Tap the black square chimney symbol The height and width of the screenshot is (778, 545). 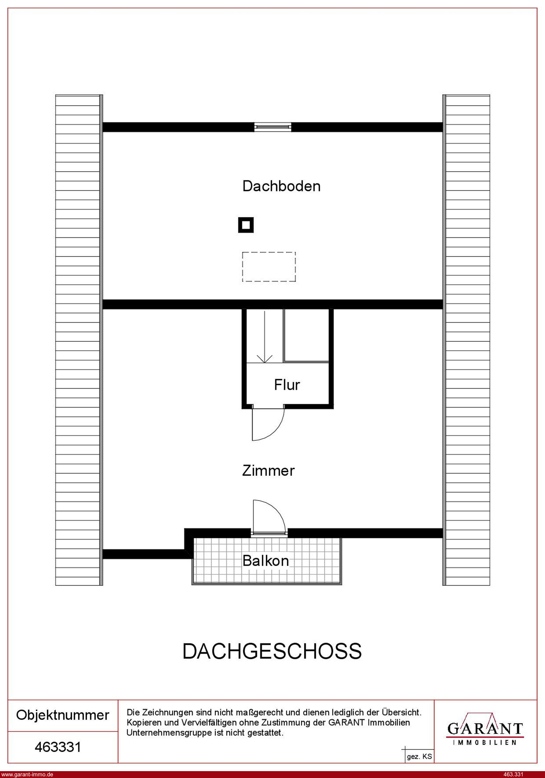point(246,225)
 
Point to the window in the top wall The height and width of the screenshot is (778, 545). point(273,127)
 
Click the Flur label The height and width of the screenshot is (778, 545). point(287,385)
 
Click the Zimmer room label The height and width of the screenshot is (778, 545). point(269,471)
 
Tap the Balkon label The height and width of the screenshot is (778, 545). point(266,561)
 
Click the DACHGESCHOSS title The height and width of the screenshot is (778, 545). point(272,651)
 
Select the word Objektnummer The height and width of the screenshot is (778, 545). point(63,715)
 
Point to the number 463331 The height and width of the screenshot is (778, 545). point(58,747)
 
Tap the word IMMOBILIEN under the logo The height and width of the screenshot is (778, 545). point(485,743)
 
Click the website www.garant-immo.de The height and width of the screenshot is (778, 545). point(27,774)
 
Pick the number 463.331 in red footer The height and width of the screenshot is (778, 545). point(514,774)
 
